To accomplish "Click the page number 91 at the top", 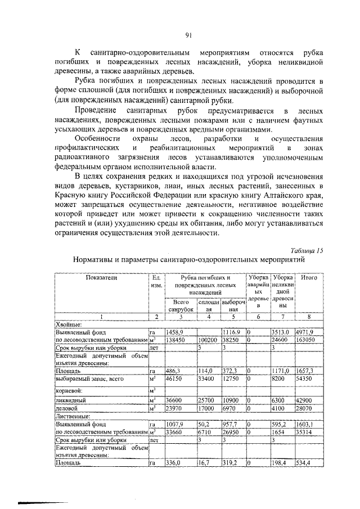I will [189, 35].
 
